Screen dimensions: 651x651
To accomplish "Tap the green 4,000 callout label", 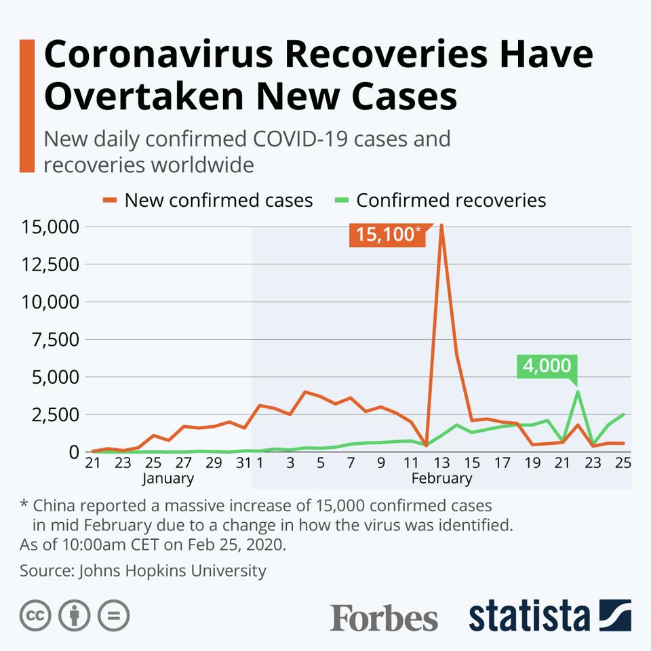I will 547,366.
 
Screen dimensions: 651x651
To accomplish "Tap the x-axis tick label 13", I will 441,464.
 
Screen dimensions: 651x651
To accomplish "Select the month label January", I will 167,479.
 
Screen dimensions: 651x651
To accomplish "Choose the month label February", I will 441,479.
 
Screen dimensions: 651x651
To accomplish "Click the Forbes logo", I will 384,618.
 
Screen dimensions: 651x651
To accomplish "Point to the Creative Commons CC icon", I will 36,616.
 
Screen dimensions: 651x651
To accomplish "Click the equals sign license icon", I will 113,616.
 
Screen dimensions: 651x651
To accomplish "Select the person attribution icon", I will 75,616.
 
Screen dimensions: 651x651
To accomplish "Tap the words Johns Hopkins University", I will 173,571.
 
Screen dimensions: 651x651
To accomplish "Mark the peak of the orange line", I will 441,225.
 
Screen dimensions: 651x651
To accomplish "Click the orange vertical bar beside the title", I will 26,106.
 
